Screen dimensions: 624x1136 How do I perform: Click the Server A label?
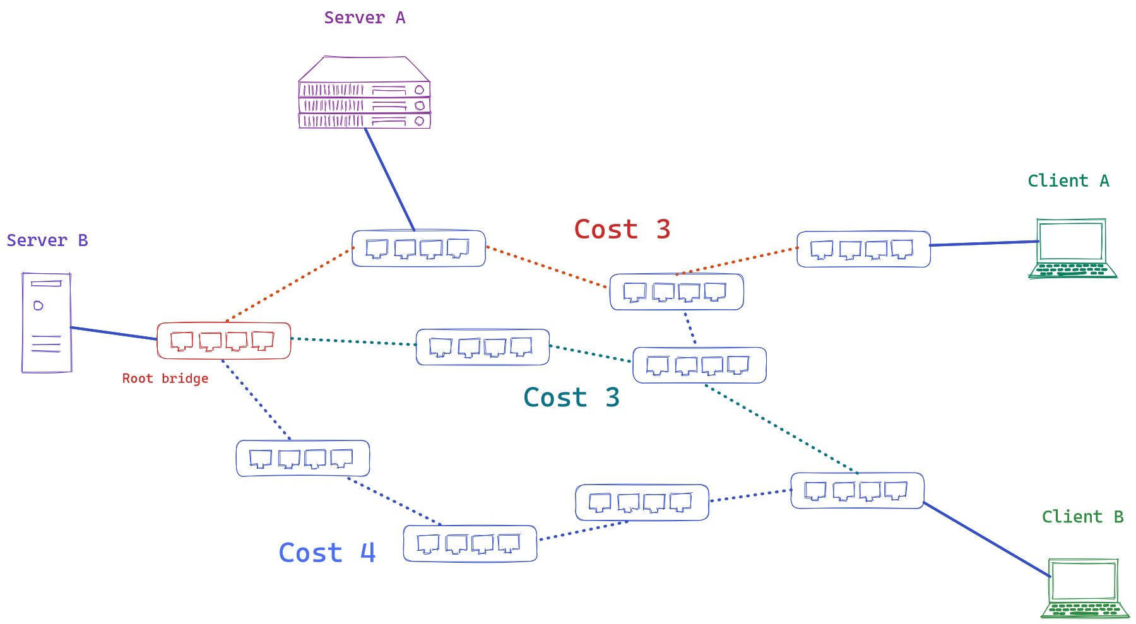tap(364, 18)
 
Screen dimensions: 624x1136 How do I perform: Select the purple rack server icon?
tap(364, 95)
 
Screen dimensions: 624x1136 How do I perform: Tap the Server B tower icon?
tap(46, 322)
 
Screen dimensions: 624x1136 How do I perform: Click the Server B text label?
tap(47, 240)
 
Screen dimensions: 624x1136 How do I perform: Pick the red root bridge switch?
tap(223, 341)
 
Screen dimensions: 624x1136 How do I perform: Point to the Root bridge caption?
tap(165, 379)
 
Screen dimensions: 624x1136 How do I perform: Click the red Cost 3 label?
tap(622, 229)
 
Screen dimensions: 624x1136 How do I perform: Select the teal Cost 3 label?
tap(571, 397)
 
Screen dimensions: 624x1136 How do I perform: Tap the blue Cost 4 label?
tap(327, 553)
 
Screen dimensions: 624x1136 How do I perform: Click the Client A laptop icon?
tap(1072, 249)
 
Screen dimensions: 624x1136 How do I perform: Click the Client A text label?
tap(1068, 181)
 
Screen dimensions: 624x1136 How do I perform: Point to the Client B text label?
tap(1082, 517)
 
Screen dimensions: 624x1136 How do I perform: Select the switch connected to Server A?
tap(418, 249)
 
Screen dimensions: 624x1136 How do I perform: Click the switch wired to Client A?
tap(863, 249)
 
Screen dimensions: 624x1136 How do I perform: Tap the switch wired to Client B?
tap(857, 490)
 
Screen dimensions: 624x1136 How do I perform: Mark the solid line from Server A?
tap(389, 179)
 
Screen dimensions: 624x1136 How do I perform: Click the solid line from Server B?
tap(114, 333)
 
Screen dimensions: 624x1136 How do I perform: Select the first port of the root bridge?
tap(182, 341)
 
